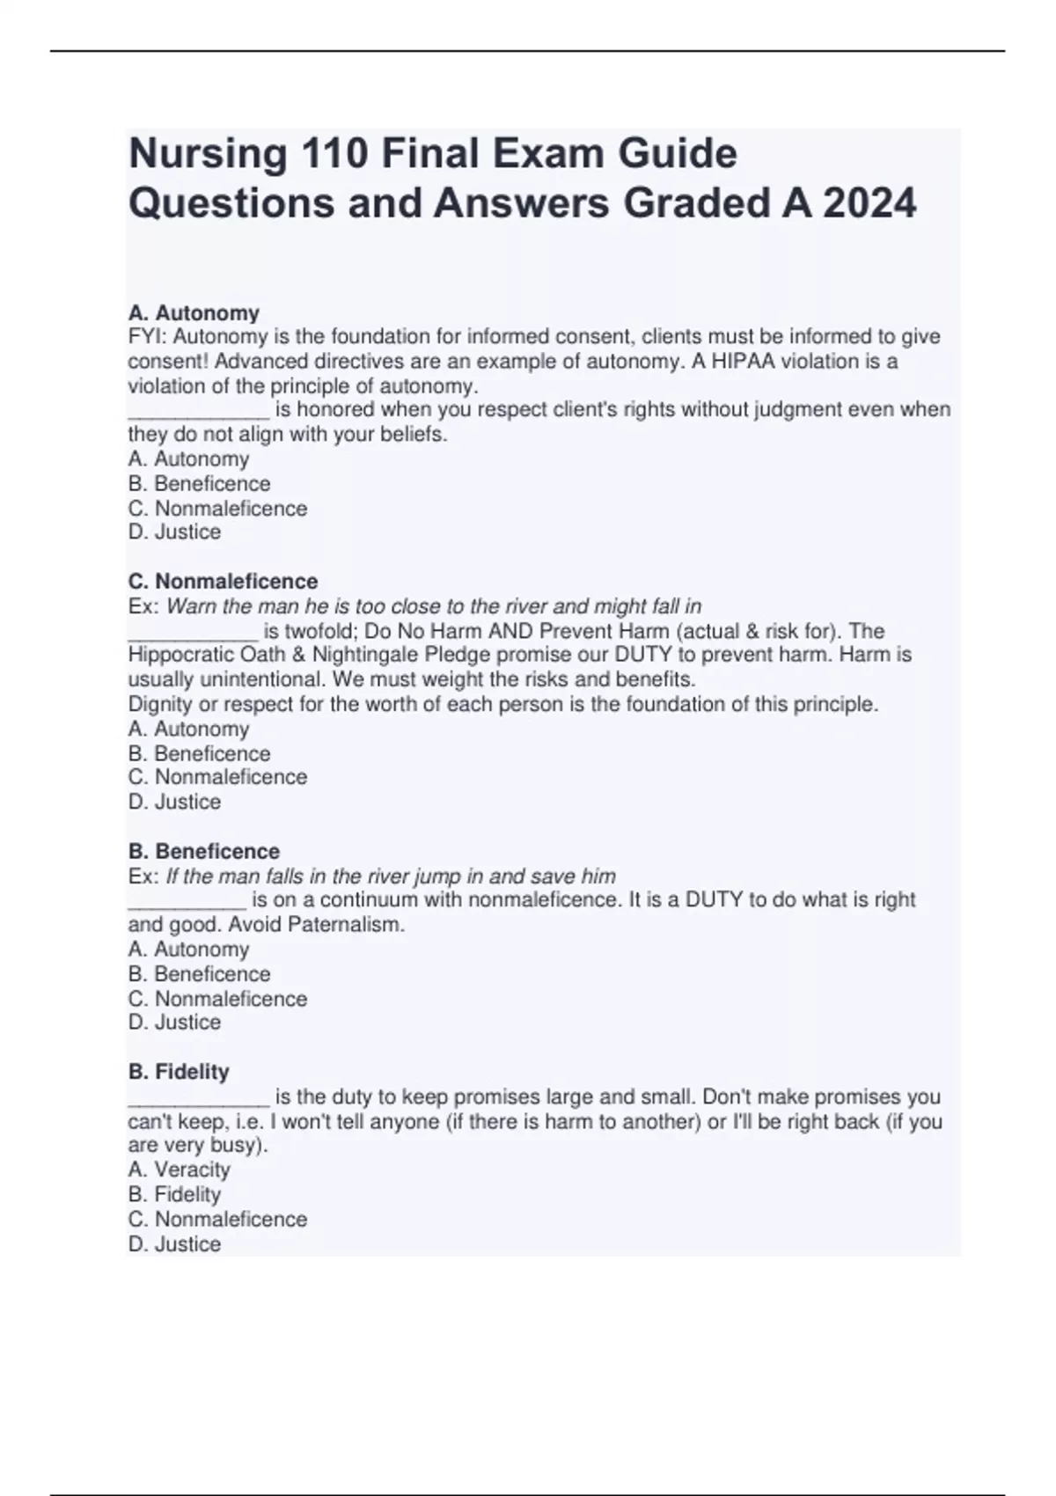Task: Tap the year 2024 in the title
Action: (869, 203)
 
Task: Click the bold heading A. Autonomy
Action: (194, 312)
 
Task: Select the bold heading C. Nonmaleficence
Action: (223, 581)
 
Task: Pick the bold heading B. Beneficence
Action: (204, 851)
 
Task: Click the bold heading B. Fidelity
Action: (179, 1071)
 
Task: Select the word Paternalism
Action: (346, 925)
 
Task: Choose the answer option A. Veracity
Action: (179, 1170)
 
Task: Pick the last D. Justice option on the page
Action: (174, 1243)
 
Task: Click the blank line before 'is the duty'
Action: (198, 1098)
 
